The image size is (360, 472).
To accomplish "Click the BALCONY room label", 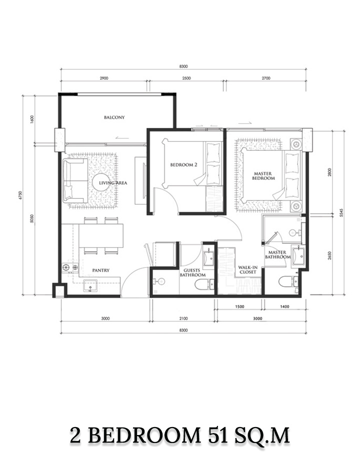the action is pyautogui.click(x=114, y=117).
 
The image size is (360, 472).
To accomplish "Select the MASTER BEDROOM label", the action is pyautogui.click(x=264, y=176).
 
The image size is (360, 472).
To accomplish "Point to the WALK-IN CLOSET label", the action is pyautogui.click(x=247, y=270).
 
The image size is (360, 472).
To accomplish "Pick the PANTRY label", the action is pyautogui.click(x=101, y=270).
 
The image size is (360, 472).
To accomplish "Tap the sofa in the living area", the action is pyautogui.click(x=75, y=181).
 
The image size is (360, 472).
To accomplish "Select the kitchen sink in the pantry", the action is pyautogui.click(x=90, y=286).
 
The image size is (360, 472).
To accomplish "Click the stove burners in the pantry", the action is pyautogui.click(x=70, y=267).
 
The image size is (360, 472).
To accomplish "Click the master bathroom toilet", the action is pyautogui.click(x=288, y=282).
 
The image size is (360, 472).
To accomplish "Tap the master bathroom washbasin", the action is pyautogui.click(x=298, y=255).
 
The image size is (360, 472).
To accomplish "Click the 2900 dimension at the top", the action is pyautogui.click(x=103, y=78).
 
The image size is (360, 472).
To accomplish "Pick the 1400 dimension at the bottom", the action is pyautogui.click(x=284, y=307).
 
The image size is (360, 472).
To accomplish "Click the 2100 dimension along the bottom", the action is pyautogui.click(x=183, y=319).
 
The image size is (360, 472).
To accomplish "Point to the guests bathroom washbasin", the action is pyautogui.click(x=208, y=257).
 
